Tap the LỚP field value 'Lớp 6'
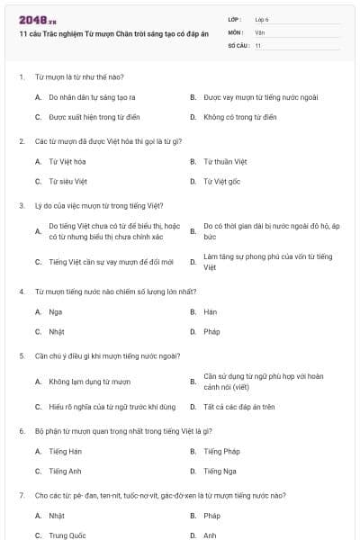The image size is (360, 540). tap(262, 19)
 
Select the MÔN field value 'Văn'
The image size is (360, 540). tap(259, 31)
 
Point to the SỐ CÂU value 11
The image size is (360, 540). tap(258, 45)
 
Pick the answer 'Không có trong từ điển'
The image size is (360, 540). tap(239, 117)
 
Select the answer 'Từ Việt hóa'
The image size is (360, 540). tap(67, 161)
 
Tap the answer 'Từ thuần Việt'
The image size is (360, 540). tap(225, 161)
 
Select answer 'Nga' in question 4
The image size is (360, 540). tap(56, 311)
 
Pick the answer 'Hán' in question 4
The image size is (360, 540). tap(211, 311)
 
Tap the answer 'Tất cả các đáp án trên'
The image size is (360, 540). tap(239, 407)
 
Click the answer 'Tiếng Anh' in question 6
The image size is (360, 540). tap(66, 471)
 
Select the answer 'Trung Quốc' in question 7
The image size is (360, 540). tap(67, 535)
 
